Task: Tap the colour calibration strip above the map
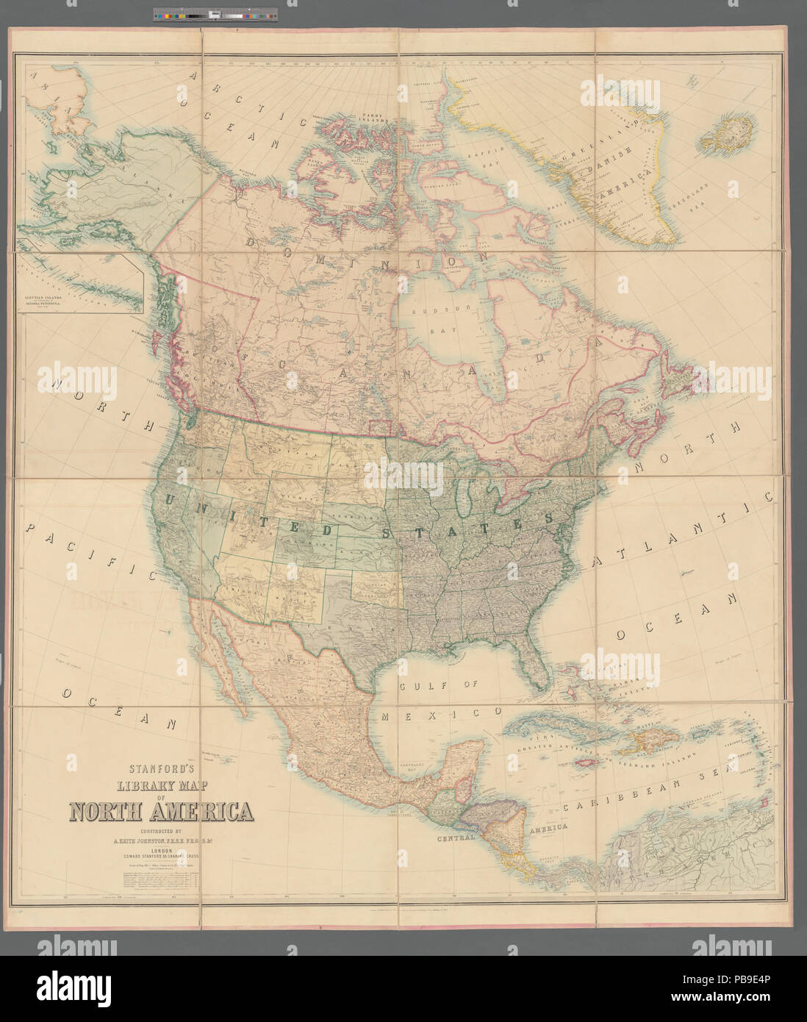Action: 217,14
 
